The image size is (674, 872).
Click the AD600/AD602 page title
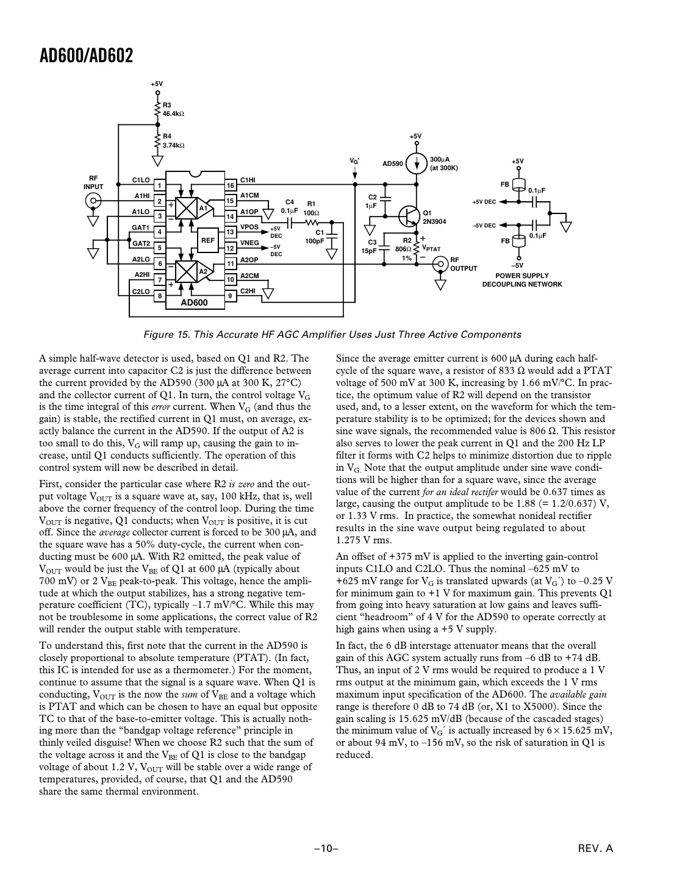[86, 56]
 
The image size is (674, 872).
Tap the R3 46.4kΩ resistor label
[173, 110]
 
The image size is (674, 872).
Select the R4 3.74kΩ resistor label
[173, 141]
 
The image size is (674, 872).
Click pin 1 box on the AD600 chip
[159, 185]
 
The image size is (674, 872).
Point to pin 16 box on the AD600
[231, 185]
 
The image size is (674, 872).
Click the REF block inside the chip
[207, 240]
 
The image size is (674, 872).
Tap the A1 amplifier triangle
[203, 208]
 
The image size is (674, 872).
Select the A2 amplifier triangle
[203, 271]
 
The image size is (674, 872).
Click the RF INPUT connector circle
[93, 201]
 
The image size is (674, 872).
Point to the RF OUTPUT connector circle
[439, 263]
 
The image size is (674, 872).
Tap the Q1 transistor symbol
[409, 215]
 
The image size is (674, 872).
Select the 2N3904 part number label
[435, 221]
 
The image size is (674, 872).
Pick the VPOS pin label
[249, 227]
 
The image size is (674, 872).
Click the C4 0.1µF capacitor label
[289, 205]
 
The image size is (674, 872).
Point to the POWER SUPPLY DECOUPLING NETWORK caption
[522, 280]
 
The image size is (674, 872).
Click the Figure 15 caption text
[332, 334]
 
